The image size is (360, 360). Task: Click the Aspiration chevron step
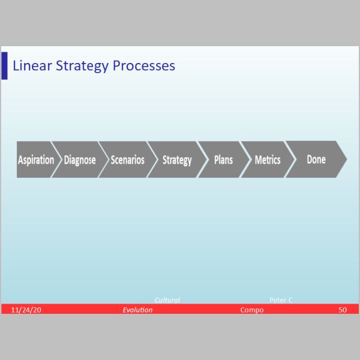click(x=37, y=160)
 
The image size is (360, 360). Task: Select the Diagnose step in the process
click(x=80, y=160)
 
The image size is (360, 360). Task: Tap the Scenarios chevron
click(x=128, y=160)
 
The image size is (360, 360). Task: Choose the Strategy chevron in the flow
click(x=177, y=160)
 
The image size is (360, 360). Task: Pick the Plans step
click(x=223, y=160)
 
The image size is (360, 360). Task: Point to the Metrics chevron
click(x=268, y=160)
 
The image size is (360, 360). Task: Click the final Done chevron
click(x=316, y=159)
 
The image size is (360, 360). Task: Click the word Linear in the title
click(x=32, y=65)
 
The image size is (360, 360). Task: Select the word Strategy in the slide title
click(x=82, y=66)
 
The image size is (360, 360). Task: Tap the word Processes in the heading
click(x=144, y=66)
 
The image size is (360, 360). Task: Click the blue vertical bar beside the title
click(x=4, y=65)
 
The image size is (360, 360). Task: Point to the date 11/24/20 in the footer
click(x=26, y=310)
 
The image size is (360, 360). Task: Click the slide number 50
click(x=343, y=310)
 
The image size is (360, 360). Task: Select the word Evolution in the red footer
click(x=137, y=310)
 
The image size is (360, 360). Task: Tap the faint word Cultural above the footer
click(x=167, y=300)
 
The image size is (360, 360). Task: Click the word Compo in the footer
click(x=252, y=310)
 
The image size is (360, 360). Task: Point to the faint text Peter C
click(x=281, y=300)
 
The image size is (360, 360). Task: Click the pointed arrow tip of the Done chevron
click(x=347, y=159)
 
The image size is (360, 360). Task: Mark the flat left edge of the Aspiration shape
click(x=17, y=160)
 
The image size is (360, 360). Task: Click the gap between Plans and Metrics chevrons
click(x=245, y=160)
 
